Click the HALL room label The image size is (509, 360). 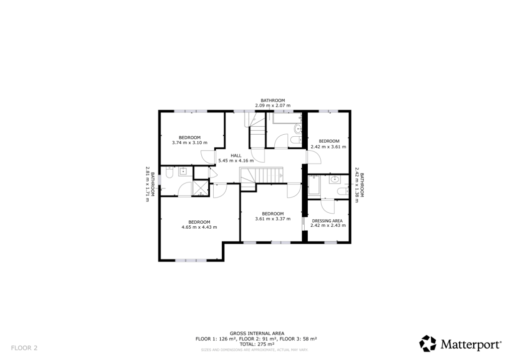click(x=236, y=156)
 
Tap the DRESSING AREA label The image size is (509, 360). click(x=327, y=220)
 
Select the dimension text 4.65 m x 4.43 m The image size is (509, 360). click(x=199, y=227)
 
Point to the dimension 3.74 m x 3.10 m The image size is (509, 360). click(x=189, y=143)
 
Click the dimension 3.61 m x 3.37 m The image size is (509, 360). click(x=272, y=219)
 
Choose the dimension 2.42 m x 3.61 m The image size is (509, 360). click(x=328, y=147)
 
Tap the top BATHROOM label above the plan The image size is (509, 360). click(x=272, y=100)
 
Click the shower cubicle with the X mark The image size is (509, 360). click(x=201, y=187)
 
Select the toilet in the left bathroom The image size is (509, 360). click(x=169, y=174)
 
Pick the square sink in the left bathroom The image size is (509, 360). click(x=182, y=172)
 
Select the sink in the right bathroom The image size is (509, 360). click(x=334, y=180)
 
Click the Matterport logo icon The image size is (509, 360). click(x=427, y=343)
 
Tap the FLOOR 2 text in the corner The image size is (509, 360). click(x=24, y=348)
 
